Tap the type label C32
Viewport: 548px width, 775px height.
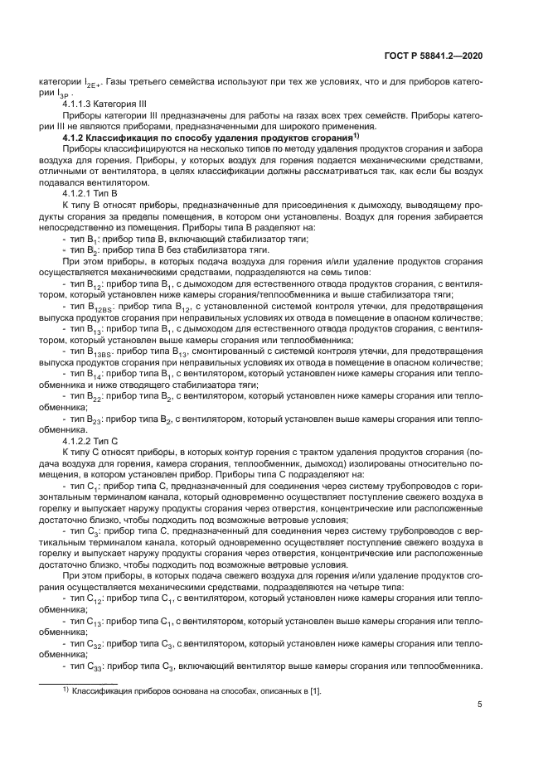89,642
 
